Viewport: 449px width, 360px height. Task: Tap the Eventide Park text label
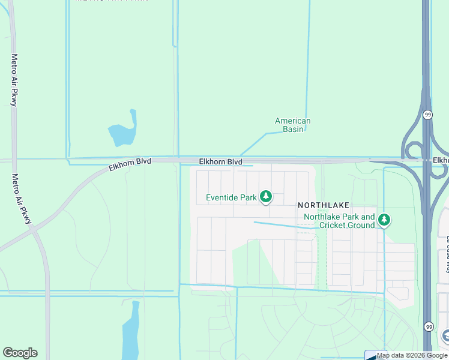pyautogui.click(x=231, y=197)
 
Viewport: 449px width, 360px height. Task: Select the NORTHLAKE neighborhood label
pyautogui.click(x=324, y=205)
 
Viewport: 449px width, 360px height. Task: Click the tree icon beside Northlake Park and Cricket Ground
pyautogui.click(x=384, y=221)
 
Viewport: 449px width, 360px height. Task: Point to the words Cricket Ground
pyautogui.click(x=347, y=225)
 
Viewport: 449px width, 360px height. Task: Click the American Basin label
pyautogui.click(x=293, y=125)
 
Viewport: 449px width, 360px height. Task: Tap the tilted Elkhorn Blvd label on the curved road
pyautogui.click(x=130, y=164)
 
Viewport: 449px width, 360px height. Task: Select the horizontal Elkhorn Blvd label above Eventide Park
pyautogui.click(x=220, y=162)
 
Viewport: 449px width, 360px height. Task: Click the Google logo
pyautogui.click(x=20, y=353)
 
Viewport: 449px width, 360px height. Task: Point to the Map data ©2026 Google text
pyautogui.click(x=412, y=355)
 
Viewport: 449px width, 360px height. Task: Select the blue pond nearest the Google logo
pyautogui.click(x=130, y=336)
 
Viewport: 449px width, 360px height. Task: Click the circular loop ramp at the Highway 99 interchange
pyautogui.click(x=414, y=151)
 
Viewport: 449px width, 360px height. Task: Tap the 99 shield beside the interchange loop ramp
pyautogui.click(x=427, y=114)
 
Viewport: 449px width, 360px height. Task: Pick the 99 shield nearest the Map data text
pyautogui.click(x=427, y=326)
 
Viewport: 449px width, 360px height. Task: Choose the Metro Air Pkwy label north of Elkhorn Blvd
pyautogui.click(x=14, y=80)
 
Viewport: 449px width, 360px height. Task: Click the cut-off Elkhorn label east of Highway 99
pyautogui.click(x=441, y=160)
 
